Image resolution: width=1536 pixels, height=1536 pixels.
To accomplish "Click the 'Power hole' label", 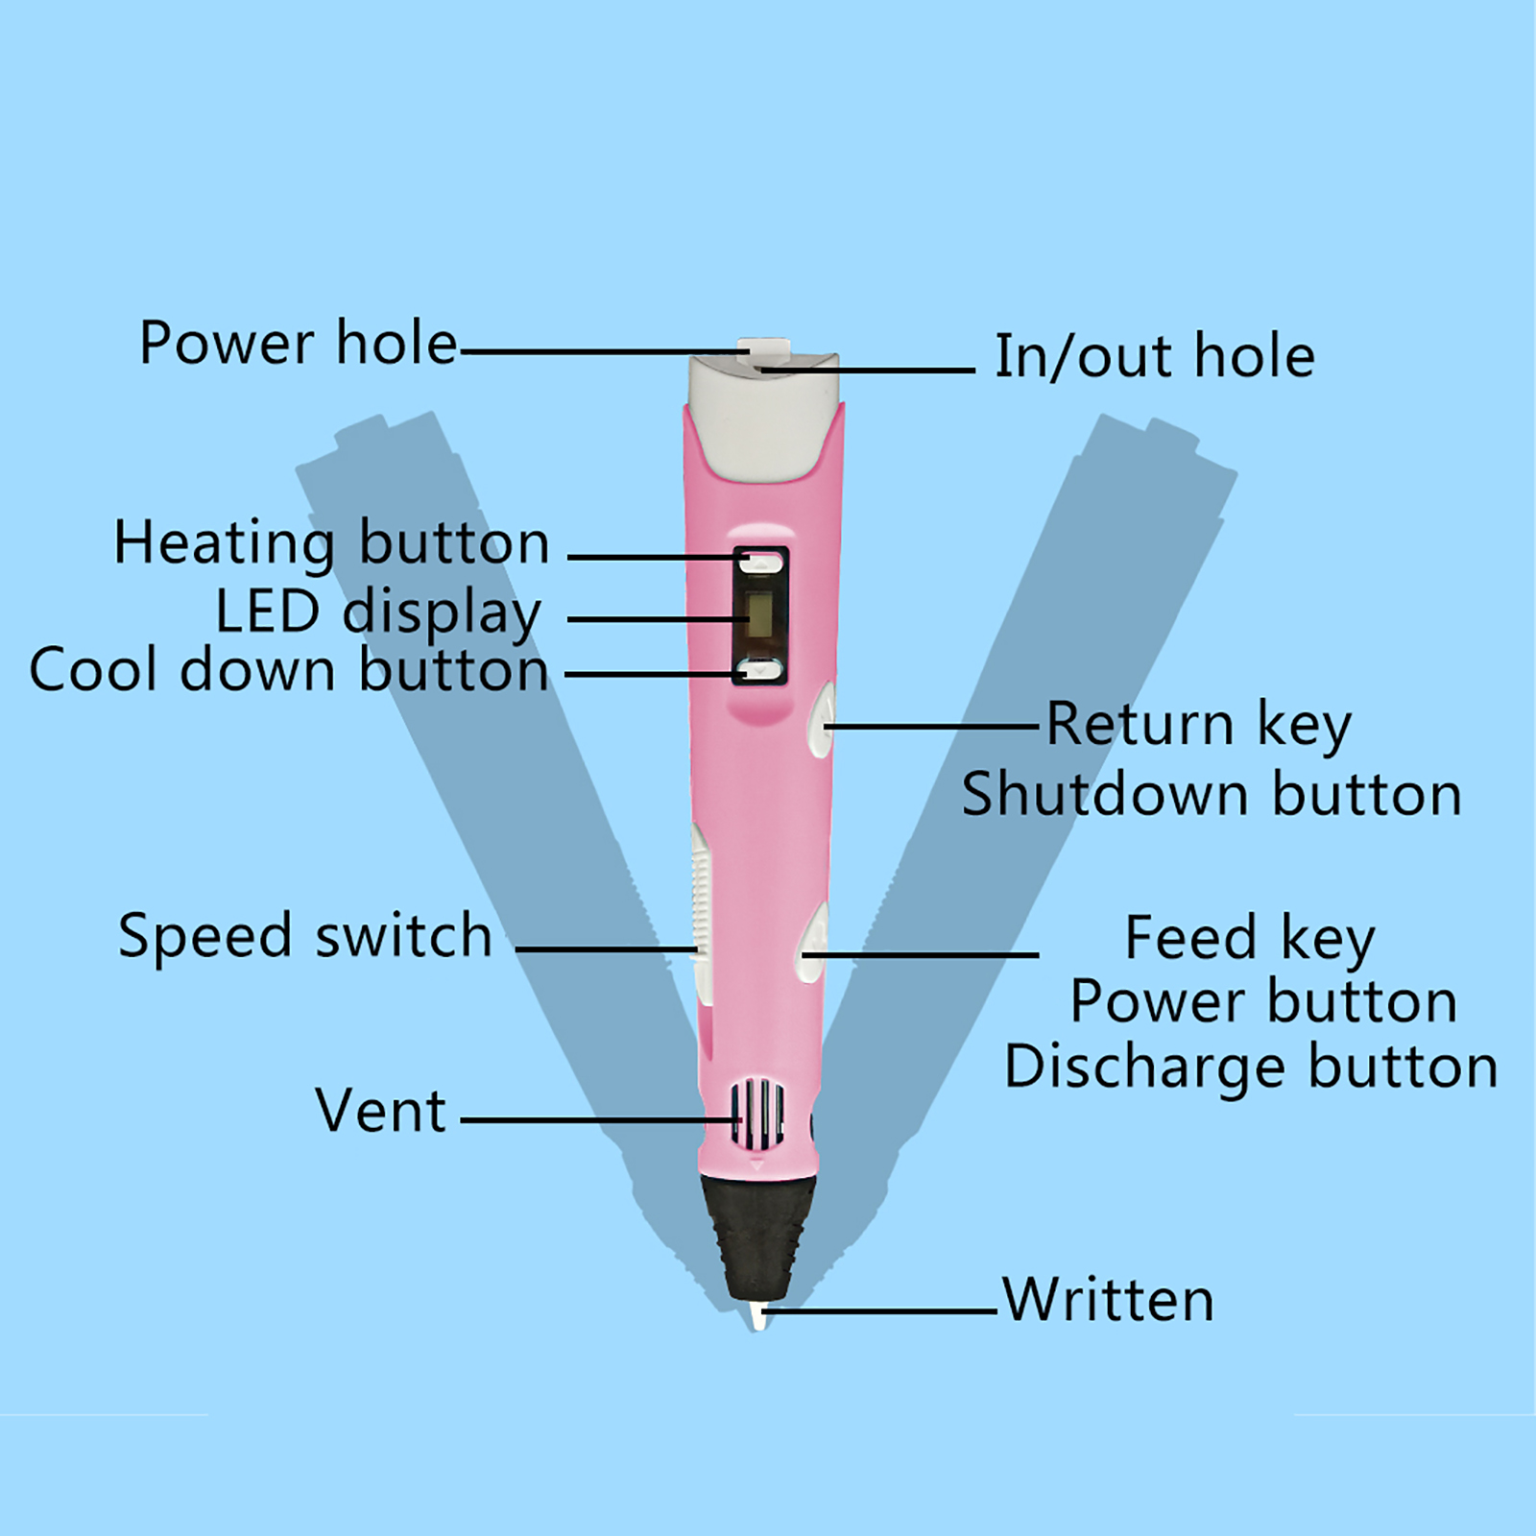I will click(299, 343).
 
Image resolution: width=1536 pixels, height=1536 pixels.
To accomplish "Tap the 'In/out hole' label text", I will click(1154, 356).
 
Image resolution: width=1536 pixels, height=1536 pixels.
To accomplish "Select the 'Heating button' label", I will click(331, 543).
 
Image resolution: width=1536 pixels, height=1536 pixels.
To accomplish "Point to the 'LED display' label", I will click(378, 612).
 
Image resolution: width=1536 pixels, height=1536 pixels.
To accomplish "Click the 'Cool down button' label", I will click(289, 670).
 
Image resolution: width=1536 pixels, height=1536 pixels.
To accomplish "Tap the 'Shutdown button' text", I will click(1212, 795).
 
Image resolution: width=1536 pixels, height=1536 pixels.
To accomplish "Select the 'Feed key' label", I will click(1250, 938).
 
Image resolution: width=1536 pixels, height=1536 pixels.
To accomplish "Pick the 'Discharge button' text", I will click(1250, 1067).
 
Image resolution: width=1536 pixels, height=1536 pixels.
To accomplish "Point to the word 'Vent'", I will click(381, 1111).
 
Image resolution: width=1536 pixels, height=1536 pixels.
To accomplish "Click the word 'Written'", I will click(1109, 1300).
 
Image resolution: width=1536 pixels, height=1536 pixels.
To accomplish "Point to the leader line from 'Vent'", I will click(595, 1119).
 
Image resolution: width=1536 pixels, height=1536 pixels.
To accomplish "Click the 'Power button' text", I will click(1263, 1002).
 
